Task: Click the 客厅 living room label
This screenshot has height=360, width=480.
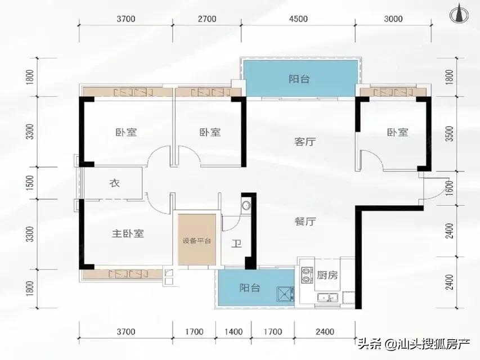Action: tap(304, 142)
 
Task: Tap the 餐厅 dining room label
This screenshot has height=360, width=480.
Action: tap(304, 222)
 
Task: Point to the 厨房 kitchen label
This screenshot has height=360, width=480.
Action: tap(327, 275)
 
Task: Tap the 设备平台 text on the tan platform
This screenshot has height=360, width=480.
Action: tap(196, 241)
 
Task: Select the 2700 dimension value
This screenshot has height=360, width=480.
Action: tap(207, 19)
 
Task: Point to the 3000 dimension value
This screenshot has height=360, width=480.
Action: tap(393, 19)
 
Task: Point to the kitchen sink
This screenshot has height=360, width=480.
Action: tap(326, 298)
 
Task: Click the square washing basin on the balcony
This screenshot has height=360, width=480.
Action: tap(284, 294)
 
